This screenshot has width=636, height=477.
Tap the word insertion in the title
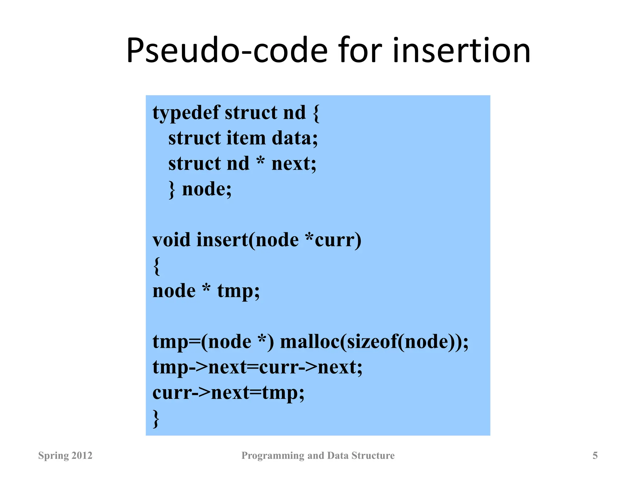461,50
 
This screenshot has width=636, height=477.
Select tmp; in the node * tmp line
238,291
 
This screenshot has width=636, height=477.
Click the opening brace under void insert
157,266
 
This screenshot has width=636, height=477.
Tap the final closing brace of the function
156,419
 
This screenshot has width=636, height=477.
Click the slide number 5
595,456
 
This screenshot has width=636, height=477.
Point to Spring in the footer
49,456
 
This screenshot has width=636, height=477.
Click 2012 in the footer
82,456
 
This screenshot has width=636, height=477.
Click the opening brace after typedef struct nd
316,113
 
